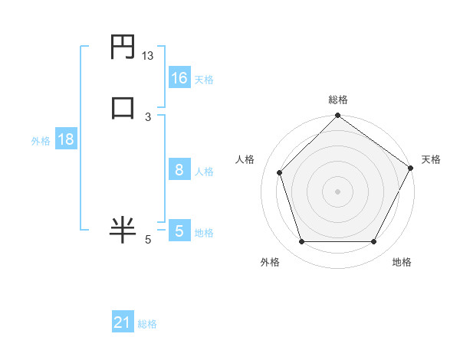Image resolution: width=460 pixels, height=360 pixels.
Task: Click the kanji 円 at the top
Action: point(122,49)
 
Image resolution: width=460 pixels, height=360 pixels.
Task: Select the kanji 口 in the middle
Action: point(122,106)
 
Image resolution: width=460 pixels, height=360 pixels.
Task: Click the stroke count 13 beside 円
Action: point(148,56)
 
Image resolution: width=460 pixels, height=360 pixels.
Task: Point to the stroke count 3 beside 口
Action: point(148,117)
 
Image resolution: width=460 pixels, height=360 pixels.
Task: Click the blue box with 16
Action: point(179,78)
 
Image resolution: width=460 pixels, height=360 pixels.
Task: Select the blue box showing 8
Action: point(179,170)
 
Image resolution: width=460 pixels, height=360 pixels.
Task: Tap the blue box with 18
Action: point(65,139)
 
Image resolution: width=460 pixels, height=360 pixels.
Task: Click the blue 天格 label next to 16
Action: point(203,80)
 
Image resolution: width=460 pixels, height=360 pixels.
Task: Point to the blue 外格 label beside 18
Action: point(41,141)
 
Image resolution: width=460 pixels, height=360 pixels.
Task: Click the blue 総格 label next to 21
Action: point(147,325)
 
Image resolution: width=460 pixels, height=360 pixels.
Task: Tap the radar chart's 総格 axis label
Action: point(338,100)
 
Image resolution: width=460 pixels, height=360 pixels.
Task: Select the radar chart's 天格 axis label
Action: point(431,159)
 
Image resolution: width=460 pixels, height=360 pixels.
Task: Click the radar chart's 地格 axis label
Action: point(402,262)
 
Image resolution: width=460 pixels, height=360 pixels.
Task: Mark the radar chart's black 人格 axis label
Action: point(245,159)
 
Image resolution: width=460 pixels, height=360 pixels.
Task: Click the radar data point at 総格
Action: point(338,117)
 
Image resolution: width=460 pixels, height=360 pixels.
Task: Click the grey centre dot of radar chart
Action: point(338,191)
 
